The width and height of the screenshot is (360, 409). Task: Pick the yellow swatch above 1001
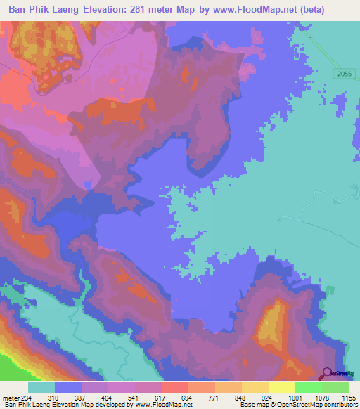click(281, 387)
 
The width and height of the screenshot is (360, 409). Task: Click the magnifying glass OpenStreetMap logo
click(328, 374)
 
